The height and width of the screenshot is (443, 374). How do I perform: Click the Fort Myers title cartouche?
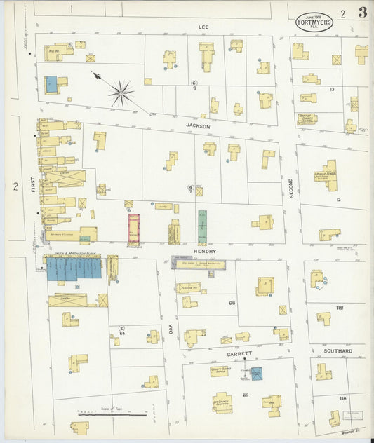pyautogui.click(x=314, y=20)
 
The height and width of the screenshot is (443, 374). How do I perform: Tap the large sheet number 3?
pyautogui.click(x=362, y=13)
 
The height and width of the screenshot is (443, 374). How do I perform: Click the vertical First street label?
pyautogui.click(x=32, y=185)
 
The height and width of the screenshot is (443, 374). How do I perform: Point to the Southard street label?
pyautogui.click(x=338, y=350)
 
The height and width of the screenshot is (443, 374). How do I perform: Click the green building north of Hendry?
pyautogui.click(x=202, y=226)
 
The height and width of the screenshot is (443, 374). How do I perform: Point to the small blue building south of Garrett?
pyautogui.click(x=256, y=374)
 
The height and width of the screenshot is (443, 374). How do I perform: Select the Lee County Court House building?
pyautogui.click(x=223, y=402)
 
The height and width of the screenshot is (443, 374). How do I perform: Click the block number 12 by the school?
pyautogui.click(x=338, y=200)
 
